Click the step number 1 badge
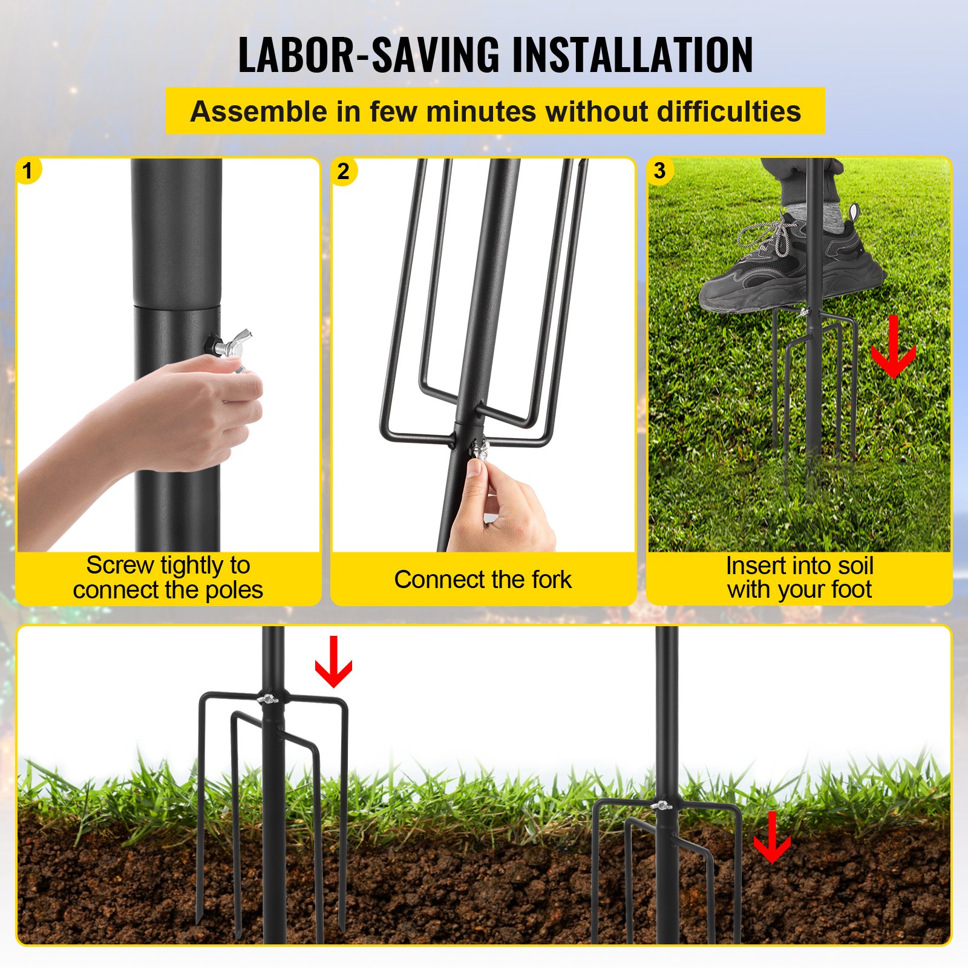(27, 171)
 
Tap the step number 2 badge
(344, 171)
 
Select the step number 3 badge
(660, 171)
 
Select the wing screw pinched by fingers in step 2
(480, 450)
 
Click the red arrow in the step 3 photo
(893, 348)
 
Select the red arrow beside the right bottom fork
(772, 838)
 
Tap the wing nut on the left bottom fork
(267, 699)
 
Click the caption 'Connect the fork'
(483, 580)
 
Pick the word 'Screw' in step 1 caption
(120, 566)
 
